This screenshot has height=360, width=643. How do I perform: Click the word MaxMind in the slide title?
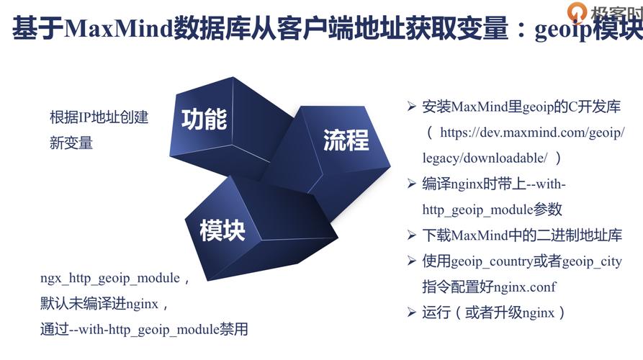[x=119, y=29]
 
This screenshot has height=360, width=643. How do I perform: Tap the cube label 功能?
[x=204, y=120]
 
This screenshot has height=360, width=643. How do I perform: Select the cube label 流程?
[x=346, y=140]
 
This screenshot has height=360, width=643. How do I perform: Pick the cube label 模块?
[x=222, y=230]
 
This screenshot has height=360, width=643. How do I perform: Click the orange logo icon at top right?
[x=577, y=11]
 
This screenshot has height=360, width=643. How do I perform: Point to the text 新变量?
[x=71, y=143]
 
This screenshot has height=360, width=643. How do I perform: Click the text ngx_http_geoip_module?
[x=110, y=279]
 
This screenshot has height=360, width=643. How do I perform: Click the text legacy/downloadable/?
[x=485, y=158]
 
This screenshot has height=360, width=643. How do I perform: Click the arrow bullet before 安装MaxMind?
[x=412, y=107]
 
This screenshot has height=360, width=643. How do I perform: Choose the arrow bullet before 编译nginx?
[x=412, y=184]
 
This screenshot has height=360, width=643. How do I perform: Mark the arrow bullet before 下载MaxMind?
[x=412, y=235]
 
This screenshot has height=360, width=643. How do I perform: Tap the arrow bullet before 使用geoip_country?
[x=412, y=261]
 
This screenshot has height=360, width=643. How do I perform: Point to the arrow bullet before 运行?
[x=412, y=312]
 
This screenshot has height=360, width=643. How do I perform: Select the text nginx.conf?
[x=524, y=287]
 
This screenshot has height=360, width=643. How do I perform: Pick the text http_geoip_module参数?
[x=492, y=210]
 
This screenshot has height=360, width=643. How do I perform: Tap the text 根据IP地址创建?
[x=99, y=117]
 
